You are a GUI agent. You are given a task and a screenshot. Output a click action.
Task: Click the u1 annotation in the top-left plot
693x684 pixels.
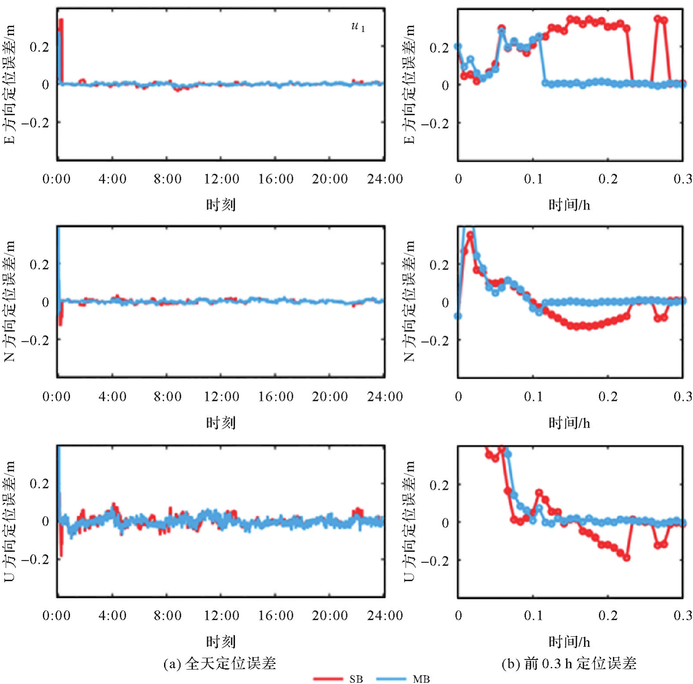click(358, 27)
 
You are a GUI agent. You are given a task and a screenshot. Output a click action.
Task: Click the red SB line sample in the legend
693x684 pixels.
click(328, 678)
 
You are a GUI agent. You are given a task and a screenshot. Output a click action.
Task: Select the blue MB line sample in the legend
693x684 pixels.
click(391, 678)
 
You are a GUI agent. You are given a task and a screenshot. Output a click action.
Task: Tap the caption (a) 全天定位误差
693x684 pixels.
click(219, 663)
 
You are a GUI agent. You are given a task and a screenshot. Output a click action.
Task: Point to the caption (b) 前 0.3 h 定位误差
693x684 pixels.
click(569, 663)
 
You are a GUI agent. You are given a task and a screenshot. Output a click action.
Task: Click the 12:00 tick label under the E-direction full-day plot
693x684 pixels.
click(222, 179)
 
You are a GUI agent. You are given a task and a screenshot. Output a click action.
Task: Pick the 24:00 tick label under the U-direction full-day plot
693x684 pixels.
click(385, 615)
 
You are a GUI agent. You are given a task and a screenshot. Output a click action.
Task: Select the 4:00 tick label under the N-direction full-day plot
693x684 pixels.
click(112, 396)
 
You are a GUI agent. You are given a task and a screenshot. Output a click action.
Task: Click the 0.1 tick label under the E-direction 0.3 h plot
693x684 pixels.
click(533, 179)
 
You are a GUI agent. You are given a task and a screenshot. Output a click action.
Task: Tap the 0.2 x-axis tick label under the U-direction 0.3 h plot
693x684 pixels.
click(608, 615)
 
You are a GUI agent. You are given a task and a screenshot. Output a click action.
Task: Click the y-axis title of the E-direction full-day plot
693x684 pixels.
click(10, 84)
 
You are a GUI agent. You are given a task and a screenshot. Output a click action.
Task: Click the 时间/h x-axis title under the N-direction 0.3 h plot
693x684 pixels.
click(569, 423)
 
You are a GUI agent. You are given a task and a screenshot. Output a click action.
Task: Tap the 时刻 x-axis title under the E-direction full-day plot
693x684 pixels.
click(221, 204)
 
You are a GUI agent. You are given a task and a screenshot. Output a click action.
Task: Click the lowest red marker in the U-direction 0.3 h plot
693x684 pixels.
click(627, 558)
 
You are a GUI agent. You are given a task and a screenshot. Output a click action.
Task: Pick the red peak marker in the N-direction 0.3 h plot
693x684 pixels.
click(470, 235)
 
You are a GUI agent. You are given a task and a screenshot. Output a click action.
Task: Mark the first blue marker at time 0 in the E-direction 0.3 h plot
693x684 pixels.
click(458, 46)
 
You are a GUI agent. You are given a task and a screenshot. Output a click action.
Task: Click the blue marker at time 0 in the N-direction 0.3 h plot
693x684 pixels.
click(458, 316)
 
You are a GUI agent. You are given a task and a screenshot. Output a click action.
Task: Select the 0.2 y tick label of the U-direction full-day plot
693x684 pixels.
click(39, 484)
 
